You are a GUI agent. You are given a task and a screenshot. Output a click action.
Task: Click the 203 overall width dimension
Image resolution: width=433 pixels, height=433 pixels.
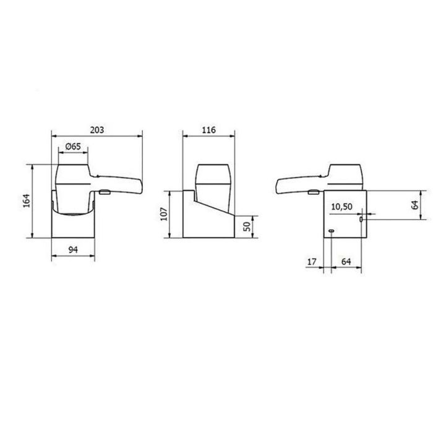pyautogui.click(x=96, y=130)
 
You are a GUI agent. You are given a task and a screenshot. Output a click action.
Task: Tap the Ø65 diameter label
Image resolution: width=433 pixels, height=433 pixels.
pyautogui.click(x=73, y=147)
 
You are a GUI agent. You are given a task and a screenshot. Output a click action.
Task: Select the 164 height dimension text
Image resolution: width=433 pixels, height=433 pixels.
pyautogui.click(x=25, y=202)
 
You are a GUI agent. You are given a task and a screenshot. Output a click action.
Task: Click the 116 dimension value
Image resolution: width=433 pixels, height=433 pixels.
pyautogui.click(x=208, y=130)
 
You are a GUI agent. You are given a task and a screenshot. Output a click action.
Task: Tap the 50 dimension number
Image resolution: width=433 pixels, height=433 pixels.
pyautogui.click(x=247, y=226)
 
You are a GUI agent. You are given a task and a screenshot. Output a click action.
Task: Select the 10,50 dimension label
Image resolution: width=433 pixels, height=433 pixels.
pyautogui.click(x=342, y=207)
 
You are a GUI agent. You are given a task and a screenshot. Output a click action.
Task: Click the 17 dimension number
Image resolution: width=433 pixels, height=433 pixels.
pyautogui.click(x=311, y=262)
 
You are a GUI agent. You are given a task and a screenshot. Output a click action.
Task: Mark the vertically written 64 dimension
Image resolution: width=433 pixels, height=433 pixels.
pyautogui.click(x=415, y=205)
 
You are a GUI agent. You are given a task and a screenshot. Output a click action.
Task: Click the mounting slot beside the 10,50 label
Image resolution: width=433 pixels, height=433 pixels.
pyautogui.click(x=361, y=220)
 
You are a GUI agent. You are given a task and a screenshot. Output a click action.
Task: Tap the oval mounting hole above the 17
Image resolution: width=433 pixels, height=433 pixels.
pyautogui.click(x=332, y=232)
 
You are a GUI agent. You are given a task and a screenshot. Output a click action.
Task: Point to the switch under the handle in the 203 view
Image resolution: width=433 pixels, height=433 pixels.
pyautogui.click(x=104, y=192)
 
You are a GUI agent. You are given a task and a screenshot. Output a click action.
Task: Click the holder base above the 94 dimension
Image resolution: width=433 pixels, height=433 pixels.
pyautogui.click(x=72, y=226)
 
